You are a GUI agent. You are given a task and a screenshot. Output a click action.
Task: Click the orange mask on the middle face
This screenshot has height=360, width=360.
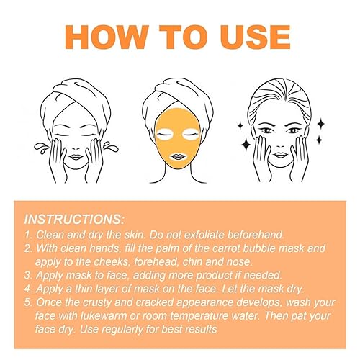point(179,137)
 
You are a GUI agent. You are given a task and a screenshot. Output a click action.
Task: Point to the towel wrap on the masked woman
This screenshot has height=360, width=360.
point(180,89)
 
